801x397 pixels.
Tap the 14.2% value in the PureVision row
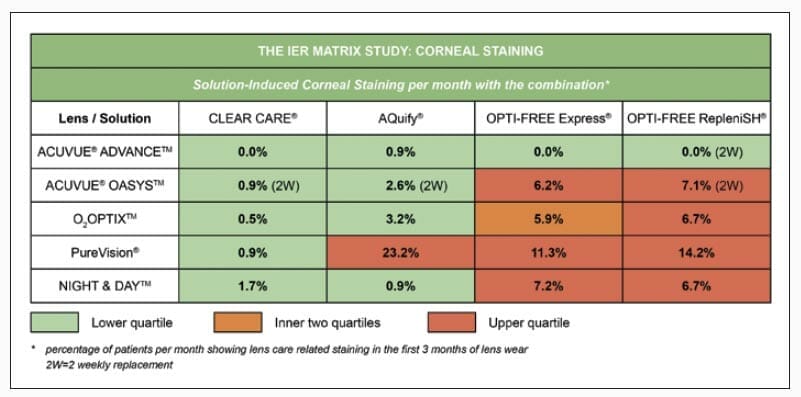[697, 253]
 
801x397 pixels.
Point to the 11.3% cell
[547, 253]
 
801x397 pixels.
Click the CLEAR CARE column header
[252, 118]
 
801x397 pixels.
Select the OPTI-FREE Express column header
[547, 118]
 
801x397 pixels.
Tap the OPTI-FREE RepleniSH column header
[697, 118]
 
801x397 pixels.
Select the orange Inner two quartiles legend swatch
[240, 323]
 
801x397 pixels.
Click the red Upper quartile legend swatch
[455, 323]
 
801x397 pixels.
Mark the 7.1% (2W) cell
[697, 186]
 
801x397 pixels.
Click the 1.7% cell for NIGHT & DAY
[252, 286]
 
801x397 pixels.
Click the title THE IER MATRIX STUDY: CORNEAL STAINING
[400, 50]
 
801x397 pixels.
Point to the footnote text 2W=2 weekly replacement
[110, 365]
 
